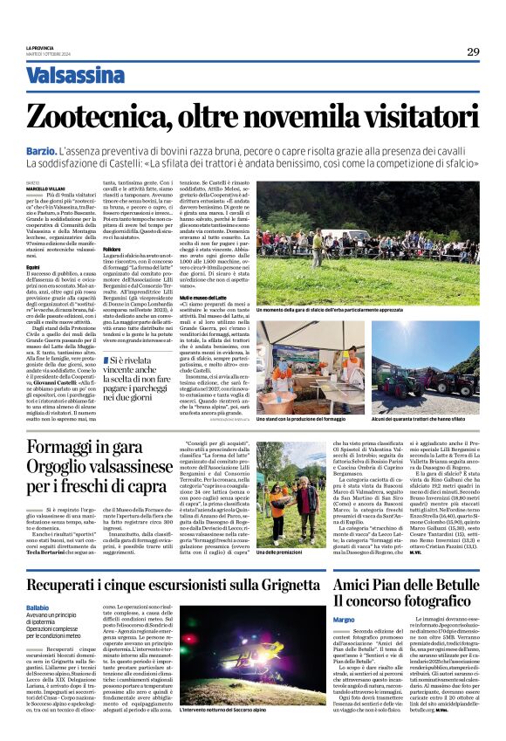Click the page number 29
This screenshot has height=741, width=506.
coord(472,51)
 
